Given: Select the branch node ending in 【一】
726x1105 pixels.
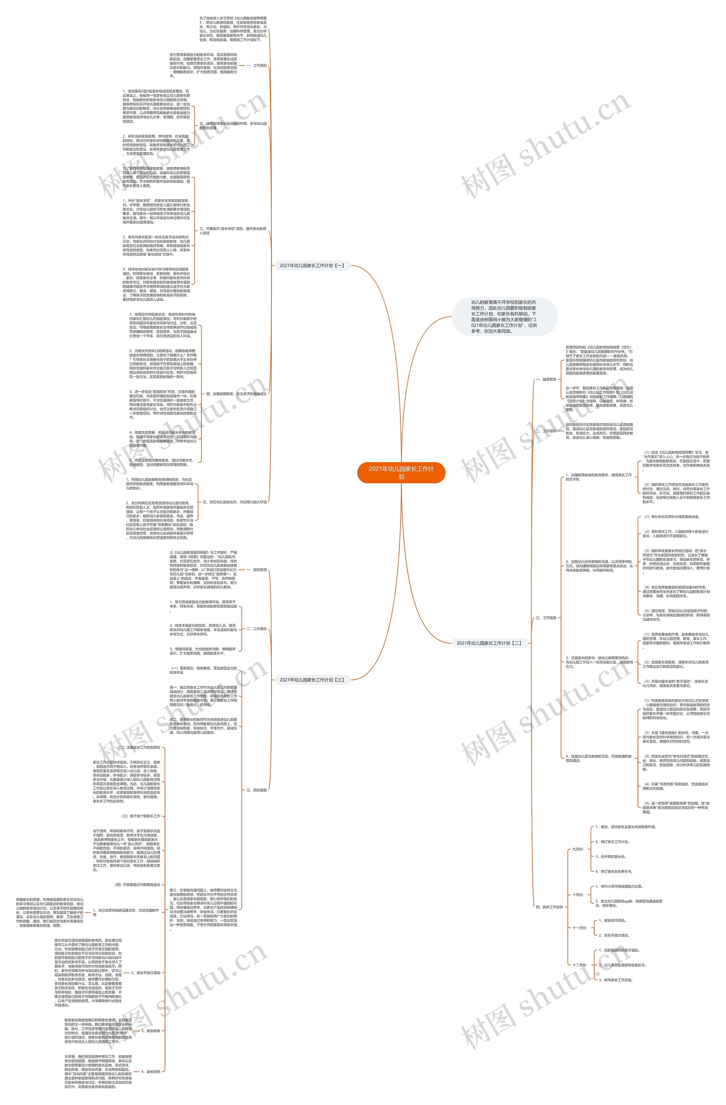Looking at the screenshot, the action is pyautogui.click(x=312, y=266).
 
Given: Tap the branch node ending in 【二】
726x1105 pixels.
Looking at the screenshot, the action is pyautogui.click(x=489, y=643).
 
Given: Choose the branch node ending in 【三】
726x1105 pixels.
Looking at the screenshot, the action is pyautogui.click(x=312, y=680).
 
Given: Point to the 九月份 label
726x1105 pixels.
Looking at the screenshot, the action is pyautogui.click(x=578, y=849).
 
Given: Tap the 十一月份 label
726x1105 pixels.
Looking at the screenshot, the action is pyautogui.click(x=579, y=928).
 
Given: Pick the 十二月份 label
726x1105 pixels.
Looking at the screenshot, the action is pyautogui.click(x=579, y=965).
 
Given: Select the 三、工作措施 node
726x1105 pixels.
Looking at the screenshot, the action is pyautogui.click(x=546, y=618).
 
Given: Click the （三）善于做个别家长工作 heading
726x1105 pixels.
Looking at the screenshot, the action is pyautogui.click(x=140, y=816).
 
